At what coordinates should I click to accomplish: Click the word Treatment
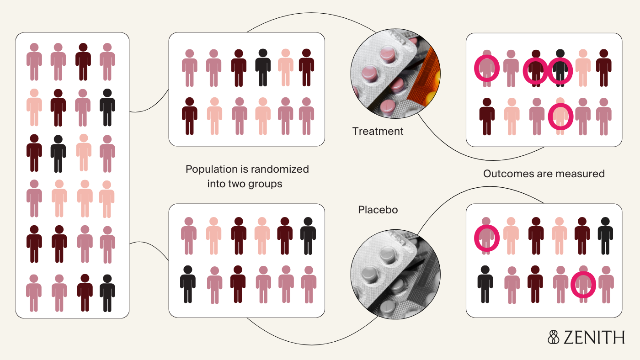point(378,132)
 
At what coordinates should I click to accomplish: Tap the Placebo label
point(378,210)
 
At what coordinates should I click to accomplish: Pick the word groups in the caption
point(267,184)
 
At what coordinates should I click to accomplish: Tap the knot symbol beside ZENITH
point(554,337)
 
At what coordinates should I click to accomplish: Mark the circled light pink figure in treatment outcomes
point(560,116)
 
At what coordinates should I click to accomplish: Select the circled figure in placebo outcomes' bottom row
point(583,284)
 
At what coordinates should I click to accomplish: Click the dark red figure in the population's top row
point(83,62)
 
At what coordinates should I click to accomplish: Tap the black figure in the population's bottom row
point(107,292)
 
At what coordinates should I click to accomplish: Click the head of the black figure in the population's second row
point(107,93)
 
